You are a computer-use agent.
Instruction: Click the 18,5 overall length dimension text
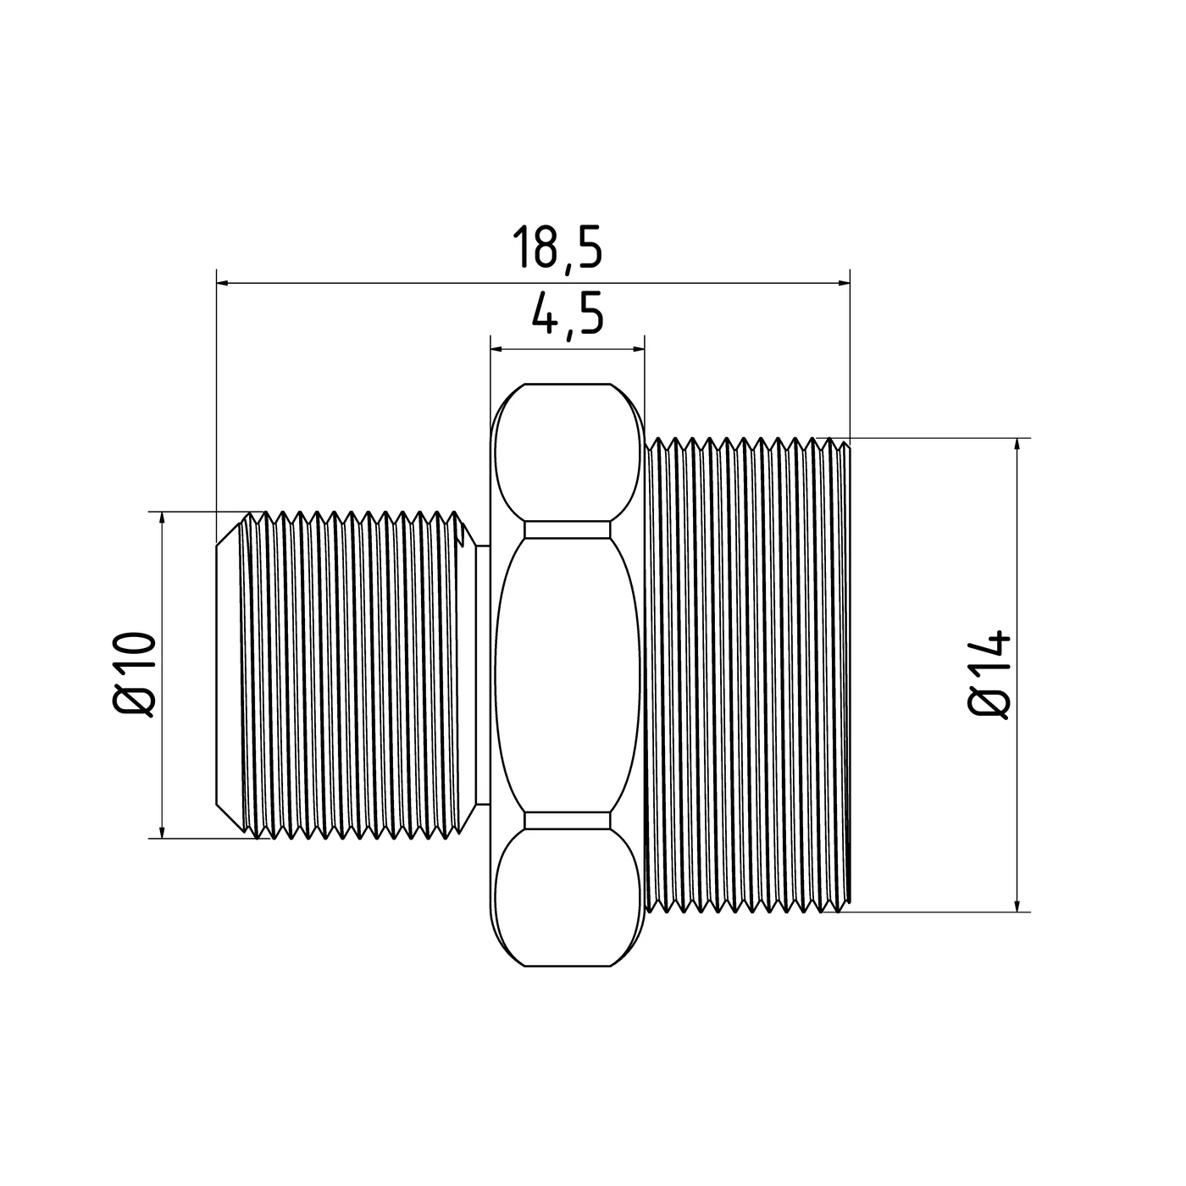(557, 247)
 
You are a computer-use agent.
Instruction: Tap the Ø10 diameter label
(134, 674)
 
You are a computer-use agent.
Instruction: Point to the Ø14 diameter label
(989, 674)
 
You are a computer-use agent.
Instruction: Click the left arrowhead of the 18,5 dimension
(224, 283)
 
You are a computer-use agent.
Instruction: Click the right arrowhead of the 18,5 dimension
(843, 283)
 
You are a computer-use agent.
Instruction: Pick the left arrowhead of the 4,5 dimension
(497, 350)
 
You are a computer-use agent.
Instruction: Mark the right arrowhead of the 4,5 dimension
(637, 350)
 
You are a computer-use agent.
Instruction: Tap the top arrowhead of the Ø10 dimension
(163, 518)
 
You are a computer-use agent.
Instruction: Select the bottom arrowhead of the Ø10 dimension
(163, 831)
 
